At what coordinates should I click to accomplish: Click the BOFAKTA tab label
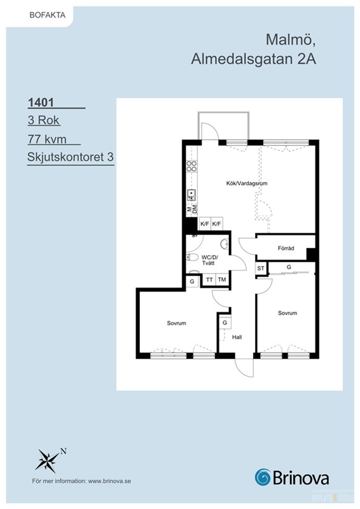(48, 15)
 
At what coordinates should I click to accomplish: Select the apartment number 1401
(41, 102)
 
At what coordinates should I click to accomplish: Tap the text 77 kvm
(47, 139)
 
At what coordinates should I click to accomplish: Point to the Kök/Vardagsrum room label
(247, 183)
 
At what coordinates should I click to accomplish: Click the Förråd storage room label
(286, 248)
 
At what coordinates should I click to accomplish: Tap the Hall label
(237, 337)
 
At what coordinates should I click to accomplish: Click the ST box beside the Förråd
(261, 268)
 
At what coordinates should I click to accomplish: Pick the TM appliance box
(222, 279)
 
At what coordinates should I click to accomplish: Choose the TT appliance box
(209, 279)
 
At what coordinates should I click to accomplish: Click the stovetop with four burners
(191, 166)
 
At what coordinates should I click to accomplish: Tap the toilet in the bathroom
(193, 258)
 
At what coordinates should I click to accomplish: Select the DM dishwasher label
(195, 209)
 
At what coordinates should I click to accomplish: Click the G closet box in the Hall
(225, 323)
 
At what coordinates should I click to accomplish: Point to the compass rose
(48, 460)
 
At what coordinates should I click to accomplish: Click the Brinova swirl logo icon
(263, 478)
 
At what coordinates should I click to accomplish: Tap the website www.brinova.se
(109, 481)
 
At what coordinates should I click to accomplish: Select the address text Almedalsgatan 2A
(254, 59)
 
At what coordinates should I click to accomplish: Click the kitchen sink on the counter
(191, 195)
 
